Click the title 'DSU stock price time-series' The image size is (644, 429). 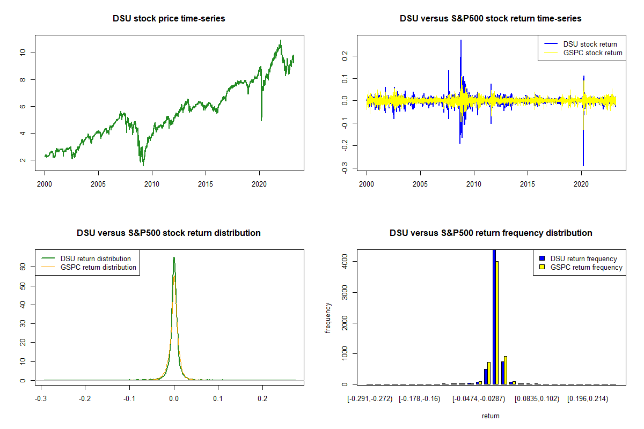169,19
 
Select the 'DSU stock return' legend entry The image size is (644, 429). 590,44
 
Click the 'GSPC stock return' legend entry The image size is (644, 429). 592,53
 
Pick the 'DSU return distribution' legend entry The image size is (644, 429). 96,258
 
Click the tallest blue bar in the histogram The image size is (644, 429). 494,316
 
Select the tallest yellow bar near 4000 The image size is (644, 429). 497,322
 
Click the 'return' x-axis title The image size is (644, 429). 491,416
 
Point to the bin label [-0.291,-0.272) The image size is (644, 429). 370,399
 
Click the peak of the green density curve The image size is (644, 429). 174,257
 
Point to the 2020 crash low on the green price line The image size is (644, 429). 261,120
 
